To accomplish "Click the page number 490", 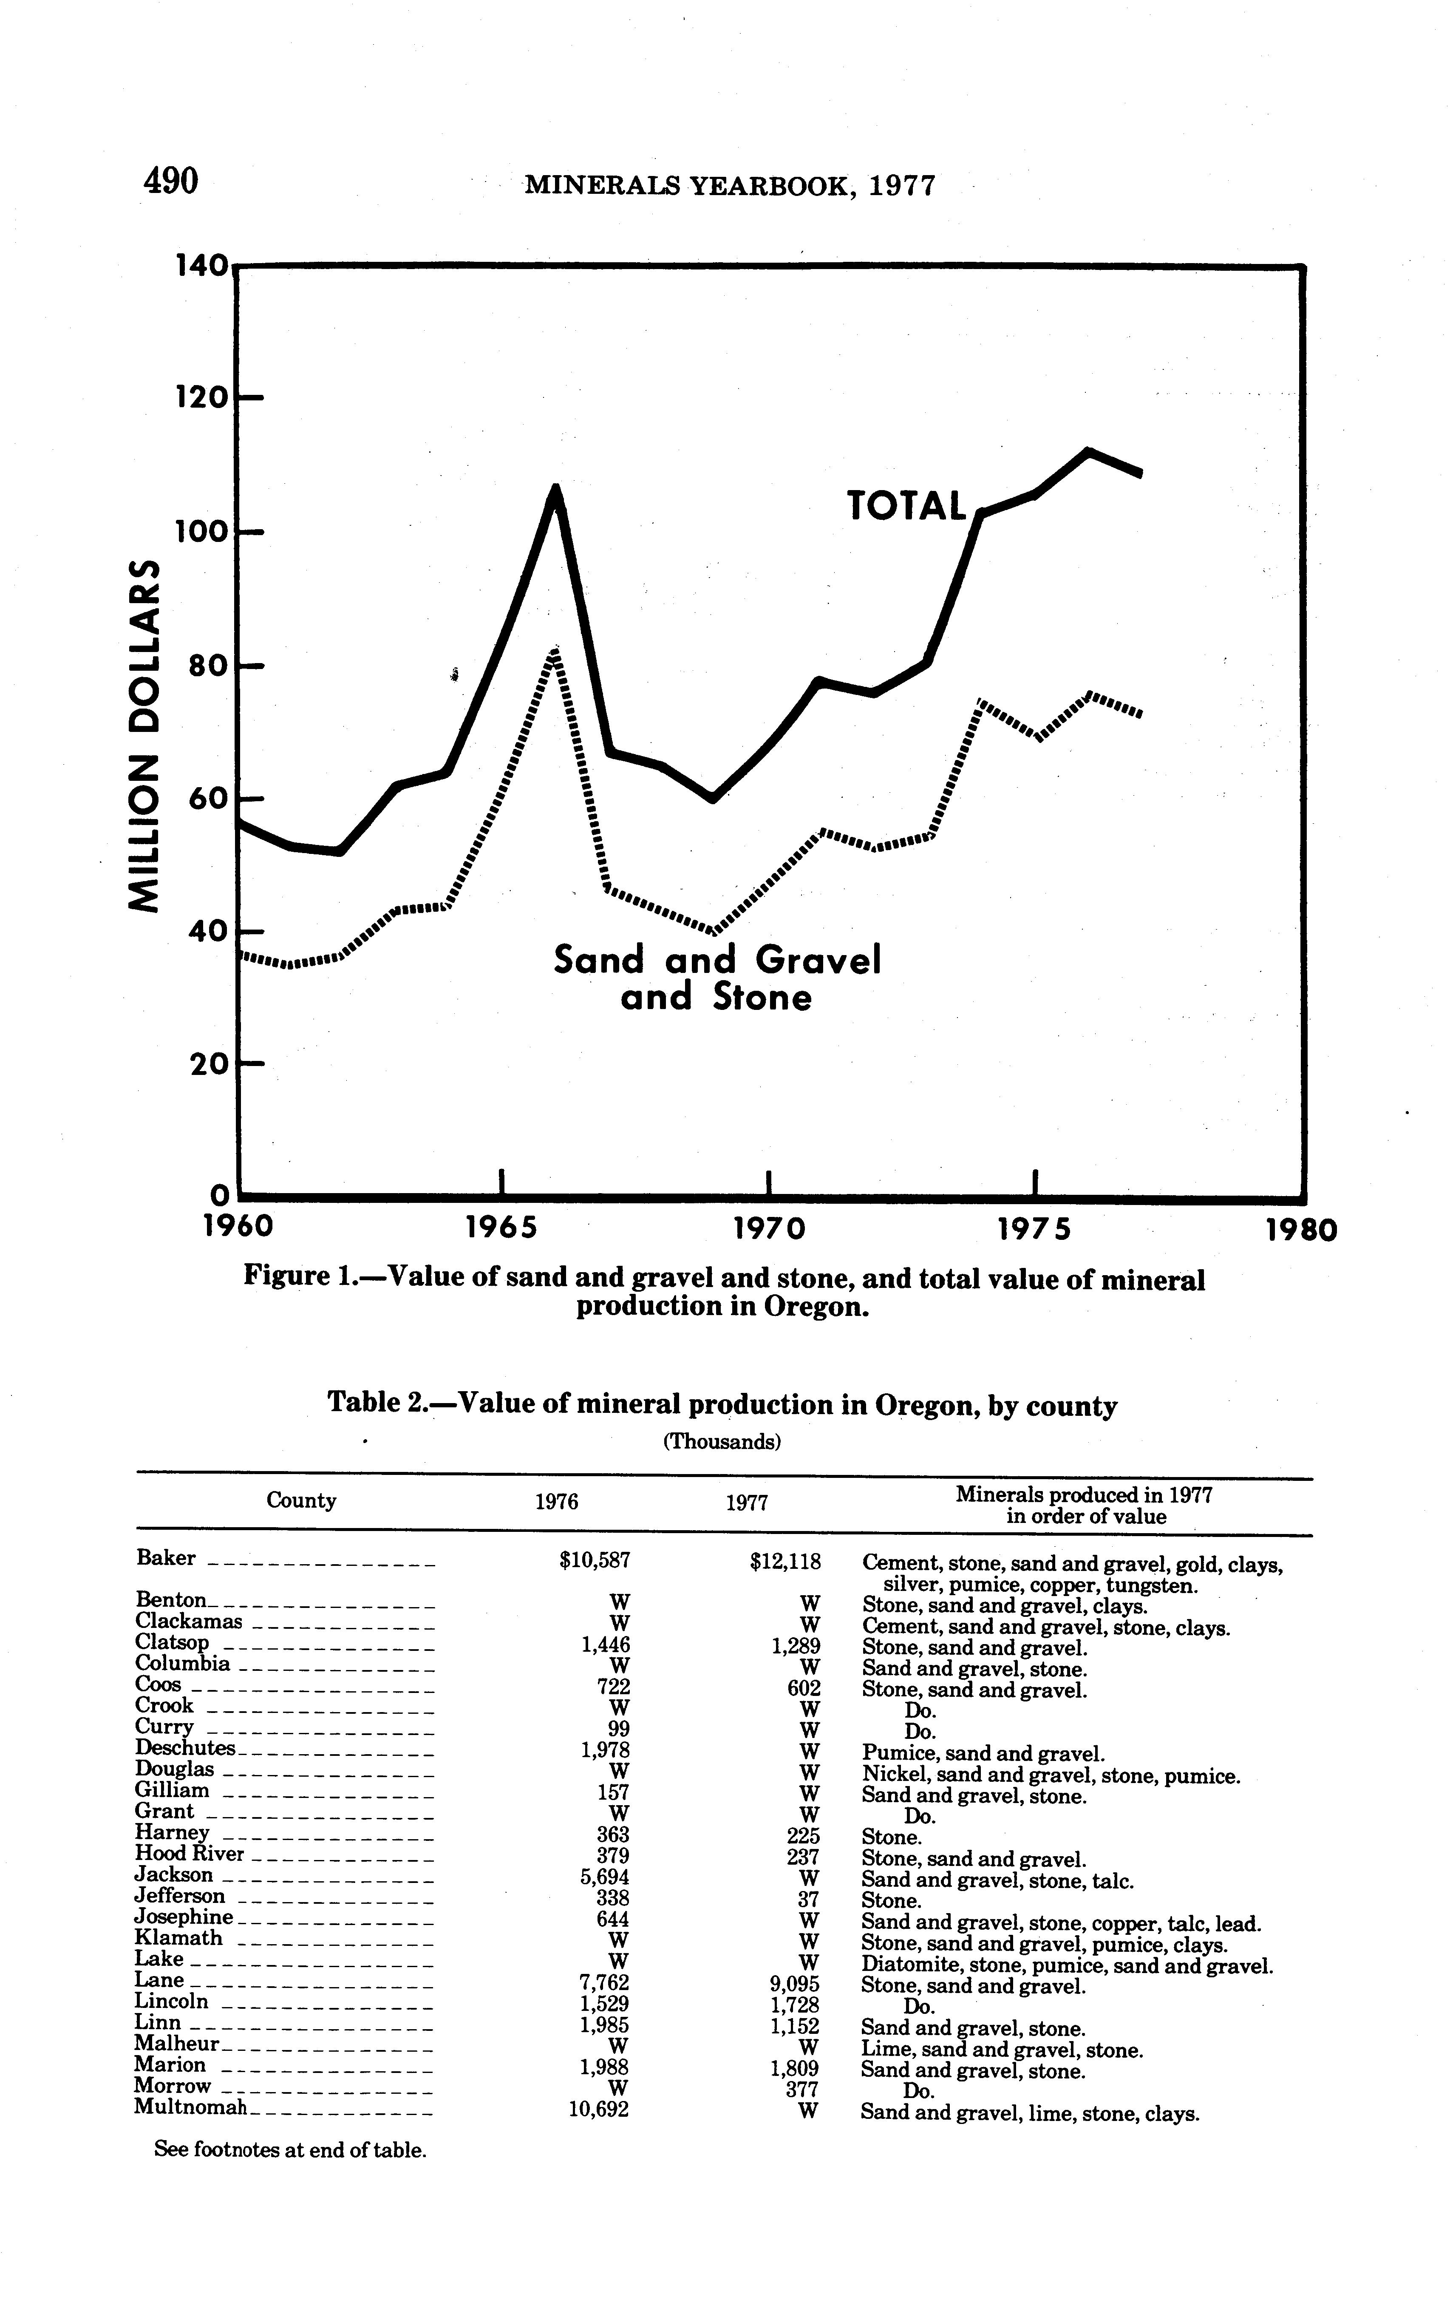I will pos(170,180).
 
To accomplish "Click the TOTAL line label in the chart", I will pos(906,506).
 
